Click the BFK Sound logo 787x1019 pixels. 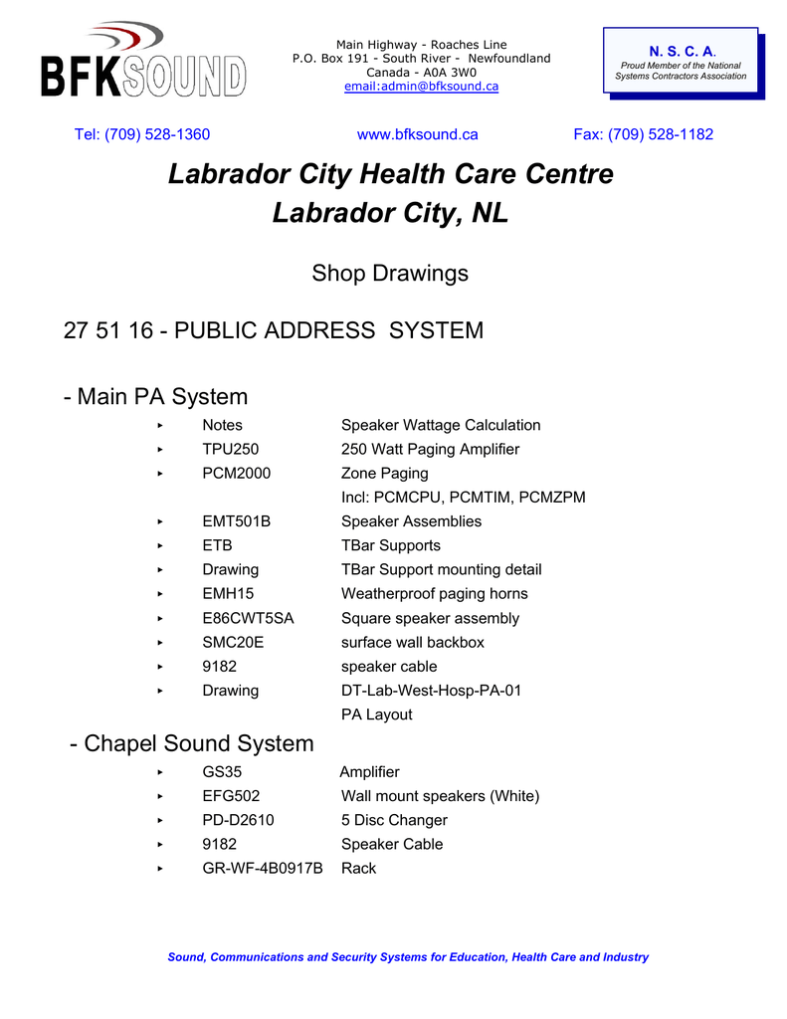coord(141,62)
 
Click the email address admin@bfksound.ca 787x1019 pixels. coord(421,87)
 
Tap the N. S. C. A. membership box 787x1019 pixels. coord(682,63)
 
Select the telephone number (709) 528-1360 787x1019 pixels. coord(142,134)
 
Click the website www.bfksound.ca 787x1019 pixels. coord(417,134)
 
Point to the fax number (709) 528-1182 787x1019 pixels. coord(643,134)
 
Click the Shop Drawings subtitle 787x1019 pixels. coord(390,273)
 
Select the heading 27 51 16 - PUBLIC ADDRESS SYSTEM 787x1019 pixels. coord(274,330)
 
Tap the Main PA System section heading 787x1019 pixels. coord(155,397)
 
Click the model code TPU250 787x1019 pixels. coord(230,449)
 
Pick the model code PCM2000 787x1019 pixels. coord(236,473)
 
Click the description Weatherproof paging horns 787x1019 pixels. coord(435,594)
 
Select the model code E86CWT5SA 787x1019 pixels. coord(248,618)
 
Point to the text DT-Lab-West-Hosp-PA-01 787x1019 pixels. coord(431,691)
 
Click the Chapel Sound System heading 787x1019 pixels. coord(192,743)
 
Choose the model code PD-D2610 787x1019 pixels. coord(238,820)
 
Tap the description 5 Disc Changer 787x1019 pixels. coord(394,820)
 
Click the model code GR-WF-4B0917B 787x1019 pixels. coord(263,868)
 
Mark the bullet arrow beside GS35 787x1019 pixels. coord(160,772)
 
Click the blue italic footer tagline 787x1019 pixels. coord(408,957)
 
